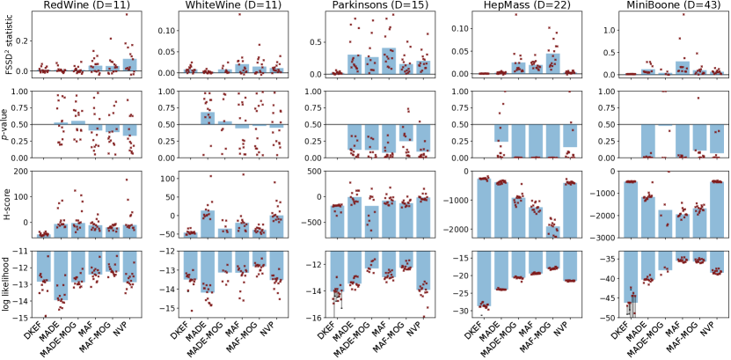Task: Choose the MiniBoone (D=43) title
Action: (x=647, y=7)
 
